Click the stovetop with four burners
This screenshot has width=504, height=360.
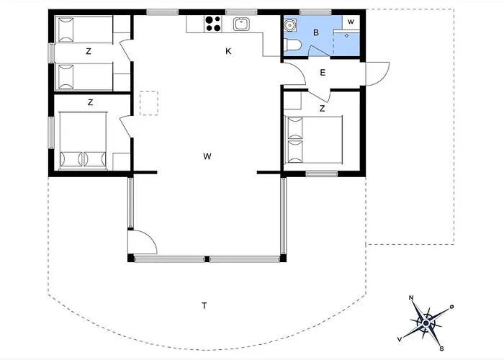tap(213, 24)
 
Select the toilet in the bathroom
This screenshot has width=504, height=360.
tap(292, 45)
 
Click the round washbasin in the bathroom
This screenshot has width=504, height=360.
tap(290, 24)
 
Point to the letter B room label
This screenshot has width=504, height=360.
tap(316, 32)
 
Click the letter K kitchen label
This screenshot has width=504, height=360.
tap(228, 51)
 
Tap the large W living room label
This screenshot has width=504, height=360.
tap(207, 156)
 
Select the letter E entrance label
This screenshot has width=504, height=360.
tap(323, 73)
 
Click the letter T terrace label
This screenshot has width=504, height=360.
tap(204, 306)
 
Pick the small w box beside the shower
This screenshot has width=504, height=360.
tap(351, 22)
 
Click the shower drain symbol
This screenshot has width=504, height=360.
tap(346, 36)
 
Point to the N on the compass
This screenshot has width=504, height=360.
tap(411, 297)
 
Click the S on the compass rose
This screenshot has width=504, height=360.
tap(441, 348)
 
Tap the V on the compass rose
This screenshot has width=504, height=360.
tap(400, 339)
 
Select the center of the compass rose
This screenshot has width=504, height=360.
tap(426, 323)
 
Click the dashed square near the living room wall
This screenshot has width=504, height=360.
tap(149, 103)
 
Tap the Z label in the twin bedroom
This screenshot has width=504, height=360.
tap(89, 51)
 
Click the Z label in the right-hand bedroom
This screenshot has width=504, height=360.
tap(322, 109)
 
